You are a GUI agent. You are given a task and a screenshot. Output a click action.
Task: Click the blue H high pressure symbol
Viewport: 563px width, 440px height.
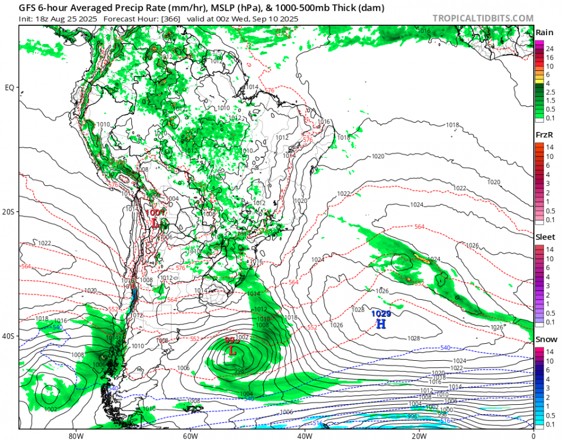tap(381, 324)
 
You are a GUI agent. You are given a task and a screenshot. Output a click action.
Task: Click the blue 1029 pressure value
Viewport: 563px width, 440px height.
tap(381, 314)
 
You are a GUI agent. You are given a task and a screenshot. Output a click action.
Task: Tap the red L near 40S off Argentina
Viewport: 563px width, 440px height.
tap(233, 351)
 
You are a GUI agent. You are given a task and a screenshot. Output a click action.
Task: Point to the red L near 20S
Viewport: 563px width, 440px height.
tap(155, 223)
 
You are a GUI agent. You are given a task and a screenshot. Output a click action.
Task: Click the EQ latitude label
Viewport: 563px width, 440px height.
tap(9, 88)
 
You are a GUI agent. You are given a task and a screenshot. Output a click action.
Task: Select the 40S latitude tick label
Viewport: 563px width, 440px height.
tap(9, 336)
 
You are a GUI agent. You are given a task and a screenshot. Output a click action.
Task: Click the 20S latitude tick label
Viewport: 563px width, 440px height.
tap(9, 212)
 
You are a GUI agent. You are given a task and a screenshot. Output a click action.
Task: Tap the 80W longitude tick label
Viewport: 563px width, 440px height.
tap(74, 436)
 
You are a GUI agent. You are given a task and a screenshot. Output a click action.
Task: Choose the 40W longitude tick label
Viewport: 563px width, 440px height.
tap(304, 436)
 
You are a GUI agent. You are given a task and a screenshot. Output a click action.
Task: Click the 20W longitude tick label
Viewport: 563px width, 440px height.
tap(418, 436)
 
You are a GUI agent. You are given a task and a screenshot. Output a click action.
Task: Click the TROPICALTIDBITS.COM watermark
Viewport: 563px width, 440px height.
tap(483, 18)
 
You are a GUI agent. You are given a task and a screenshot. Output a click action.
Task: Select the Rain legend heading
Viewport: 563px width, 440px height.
tap(543, 33)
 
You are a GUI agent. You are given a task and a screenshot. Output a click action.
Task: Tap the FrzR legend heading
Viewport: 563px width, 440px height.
tap(544, 136)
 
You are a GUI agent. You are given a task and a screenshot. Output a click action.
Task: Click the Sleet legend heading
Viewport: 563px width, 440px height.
tap(544, 237)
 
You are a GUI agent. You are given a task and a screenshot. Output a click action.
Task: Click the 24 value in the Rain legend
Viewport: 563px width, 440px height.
tap(550, 49)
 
